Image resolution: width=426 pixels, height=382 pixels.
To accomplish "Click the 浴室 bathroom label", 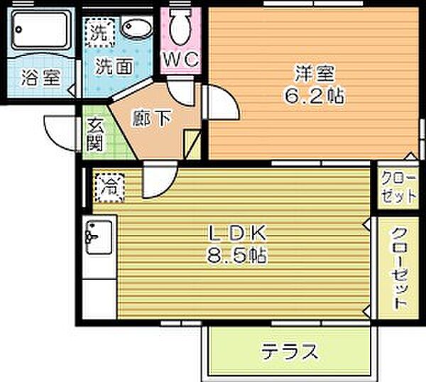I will [40, 78].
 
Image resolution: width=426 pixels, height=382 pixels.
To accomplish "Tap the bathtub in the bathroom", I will [43, 33].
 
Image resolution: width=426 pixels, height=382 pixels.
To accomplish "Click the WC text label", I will [182, 60].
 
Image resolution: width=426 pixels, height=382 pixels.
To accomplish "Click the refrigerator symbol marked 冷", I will [109, 188].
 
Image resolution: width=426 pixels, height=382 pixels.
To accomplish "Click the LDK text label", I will [236, 233].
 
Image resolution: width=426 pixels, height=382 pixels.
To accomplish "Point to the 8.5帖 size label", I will [237, 256].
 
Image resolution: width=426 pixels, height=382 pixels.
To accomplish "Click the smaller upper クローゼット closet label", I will [398, 187].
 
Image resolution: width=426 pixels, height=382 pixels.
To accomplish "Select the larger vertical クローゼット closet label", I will [398, 268].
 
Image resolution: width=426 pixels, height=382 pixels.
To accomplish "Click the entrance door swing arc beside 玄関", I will [60, 131].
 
